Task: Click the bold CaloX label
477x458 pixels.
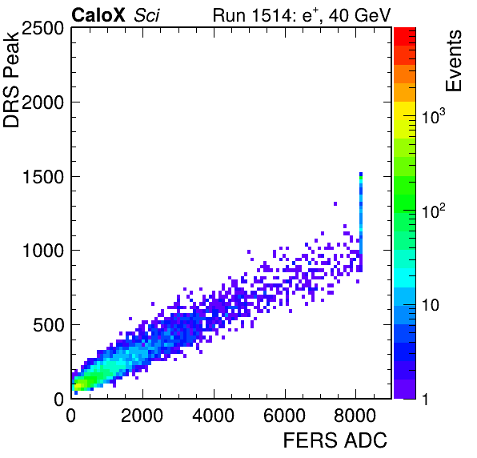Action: click(98, 15)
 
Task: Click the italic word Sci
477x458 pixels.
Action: click(146, 15)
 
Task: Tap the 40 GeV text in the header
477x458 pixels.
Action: click(359, 15)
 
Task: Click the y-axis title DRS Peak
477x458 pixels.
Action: click(11, 78)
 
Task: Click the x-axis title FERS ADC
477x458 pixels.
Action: click(335, 440)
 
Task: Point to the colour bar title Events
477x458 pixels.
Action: click(453, 61)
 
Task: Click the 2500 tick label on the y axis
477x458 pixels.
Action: click(42, 29)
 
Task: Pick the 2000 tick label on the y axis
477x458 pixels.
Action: click(42, 102)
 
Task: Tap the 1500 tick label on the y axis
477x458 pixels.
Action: click(43, 177)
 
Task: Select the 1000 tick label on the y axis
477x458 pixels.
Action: click(43, 251)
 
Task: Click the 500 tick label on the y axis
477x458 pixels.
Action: click(49, 325)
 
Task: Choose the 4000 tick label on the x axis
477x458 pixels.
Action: click(213, 416)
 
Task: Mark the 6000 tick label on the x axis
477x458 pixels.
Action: click(284, 416)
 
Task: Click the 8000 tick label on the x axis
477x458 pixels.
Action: click(355, 416)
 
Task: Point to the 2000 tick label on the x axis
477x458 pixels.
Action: click(142, 416)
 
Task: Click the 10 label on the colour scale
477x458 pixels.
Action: click(431, 304)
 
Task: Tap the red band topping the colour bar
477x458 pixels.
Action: click(405, 37)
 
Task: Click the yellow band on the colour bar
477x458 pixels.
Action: click(405, 110)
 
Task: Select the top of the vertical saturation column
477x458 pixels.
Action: click(361, 174)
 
